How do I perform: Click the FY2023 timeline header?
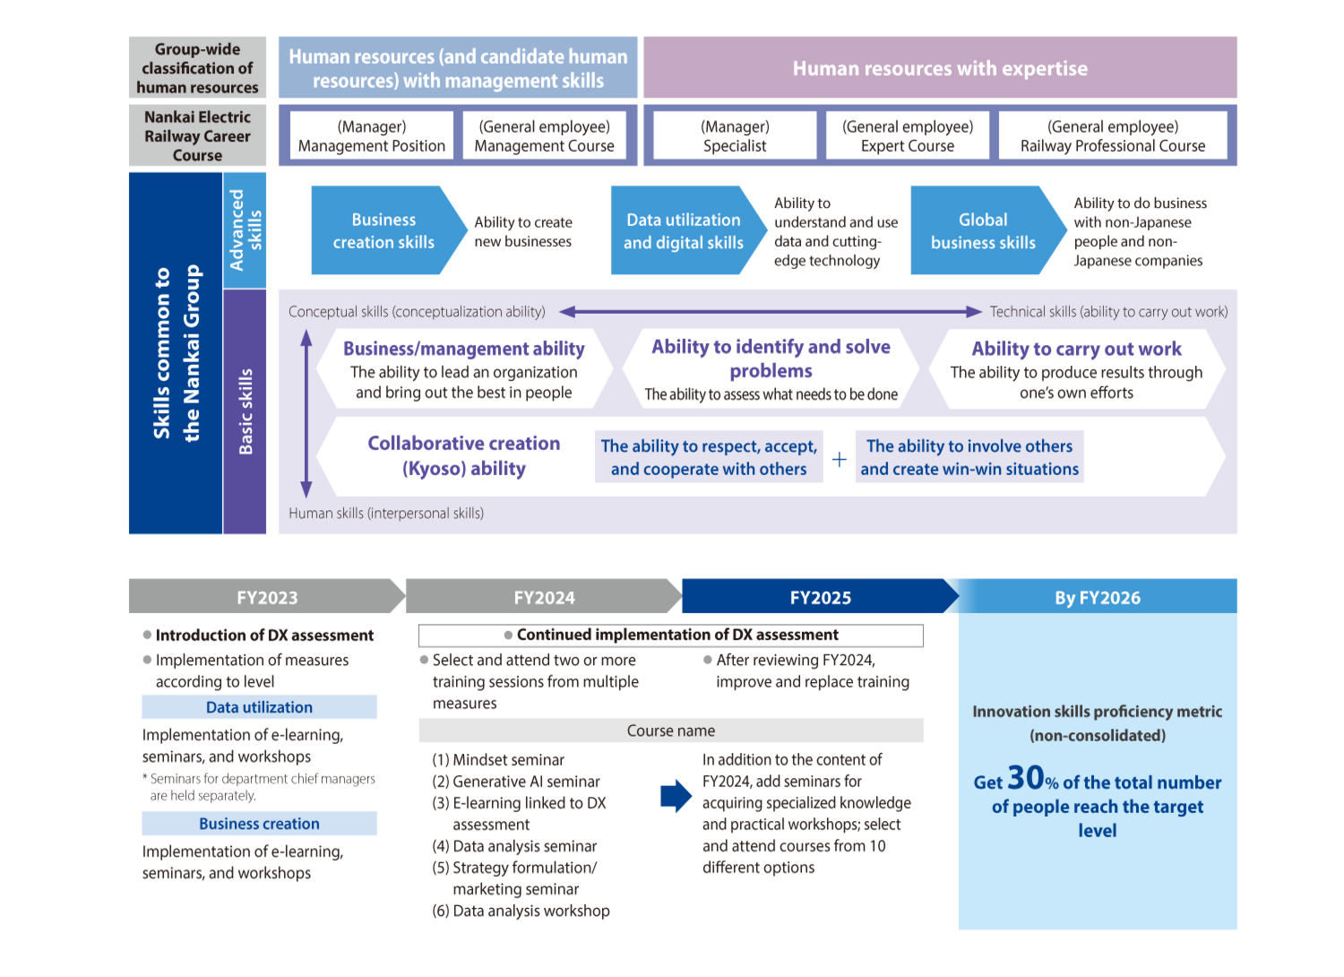266,597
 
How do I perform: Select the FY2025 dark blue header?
820,597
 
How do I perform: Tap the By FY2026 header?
1098,597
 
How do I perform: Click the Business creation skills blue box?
383,230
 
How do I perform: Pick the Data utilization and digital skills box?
683,230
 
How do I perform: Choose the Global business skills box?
983,230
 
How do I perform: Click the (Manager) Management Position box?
371,136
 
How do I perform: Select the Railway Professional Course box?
1113,136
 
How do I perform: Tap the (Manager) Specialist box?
735,136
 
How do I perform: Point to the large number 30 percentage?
1026,777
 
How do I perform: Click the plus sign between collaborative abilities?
840,459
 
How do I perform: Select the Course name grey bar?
670,731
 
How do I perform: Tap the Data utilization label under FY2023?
259,707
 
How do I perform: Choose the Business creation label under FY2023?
259,824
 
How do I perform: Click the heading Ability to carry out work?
1076,349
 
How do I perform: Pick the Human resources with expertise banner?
940,68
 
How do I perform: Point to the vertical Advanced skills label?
245,229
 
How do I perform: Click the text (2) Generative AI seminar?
516,782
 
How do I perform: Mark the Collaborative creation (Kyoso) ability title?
463,455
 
